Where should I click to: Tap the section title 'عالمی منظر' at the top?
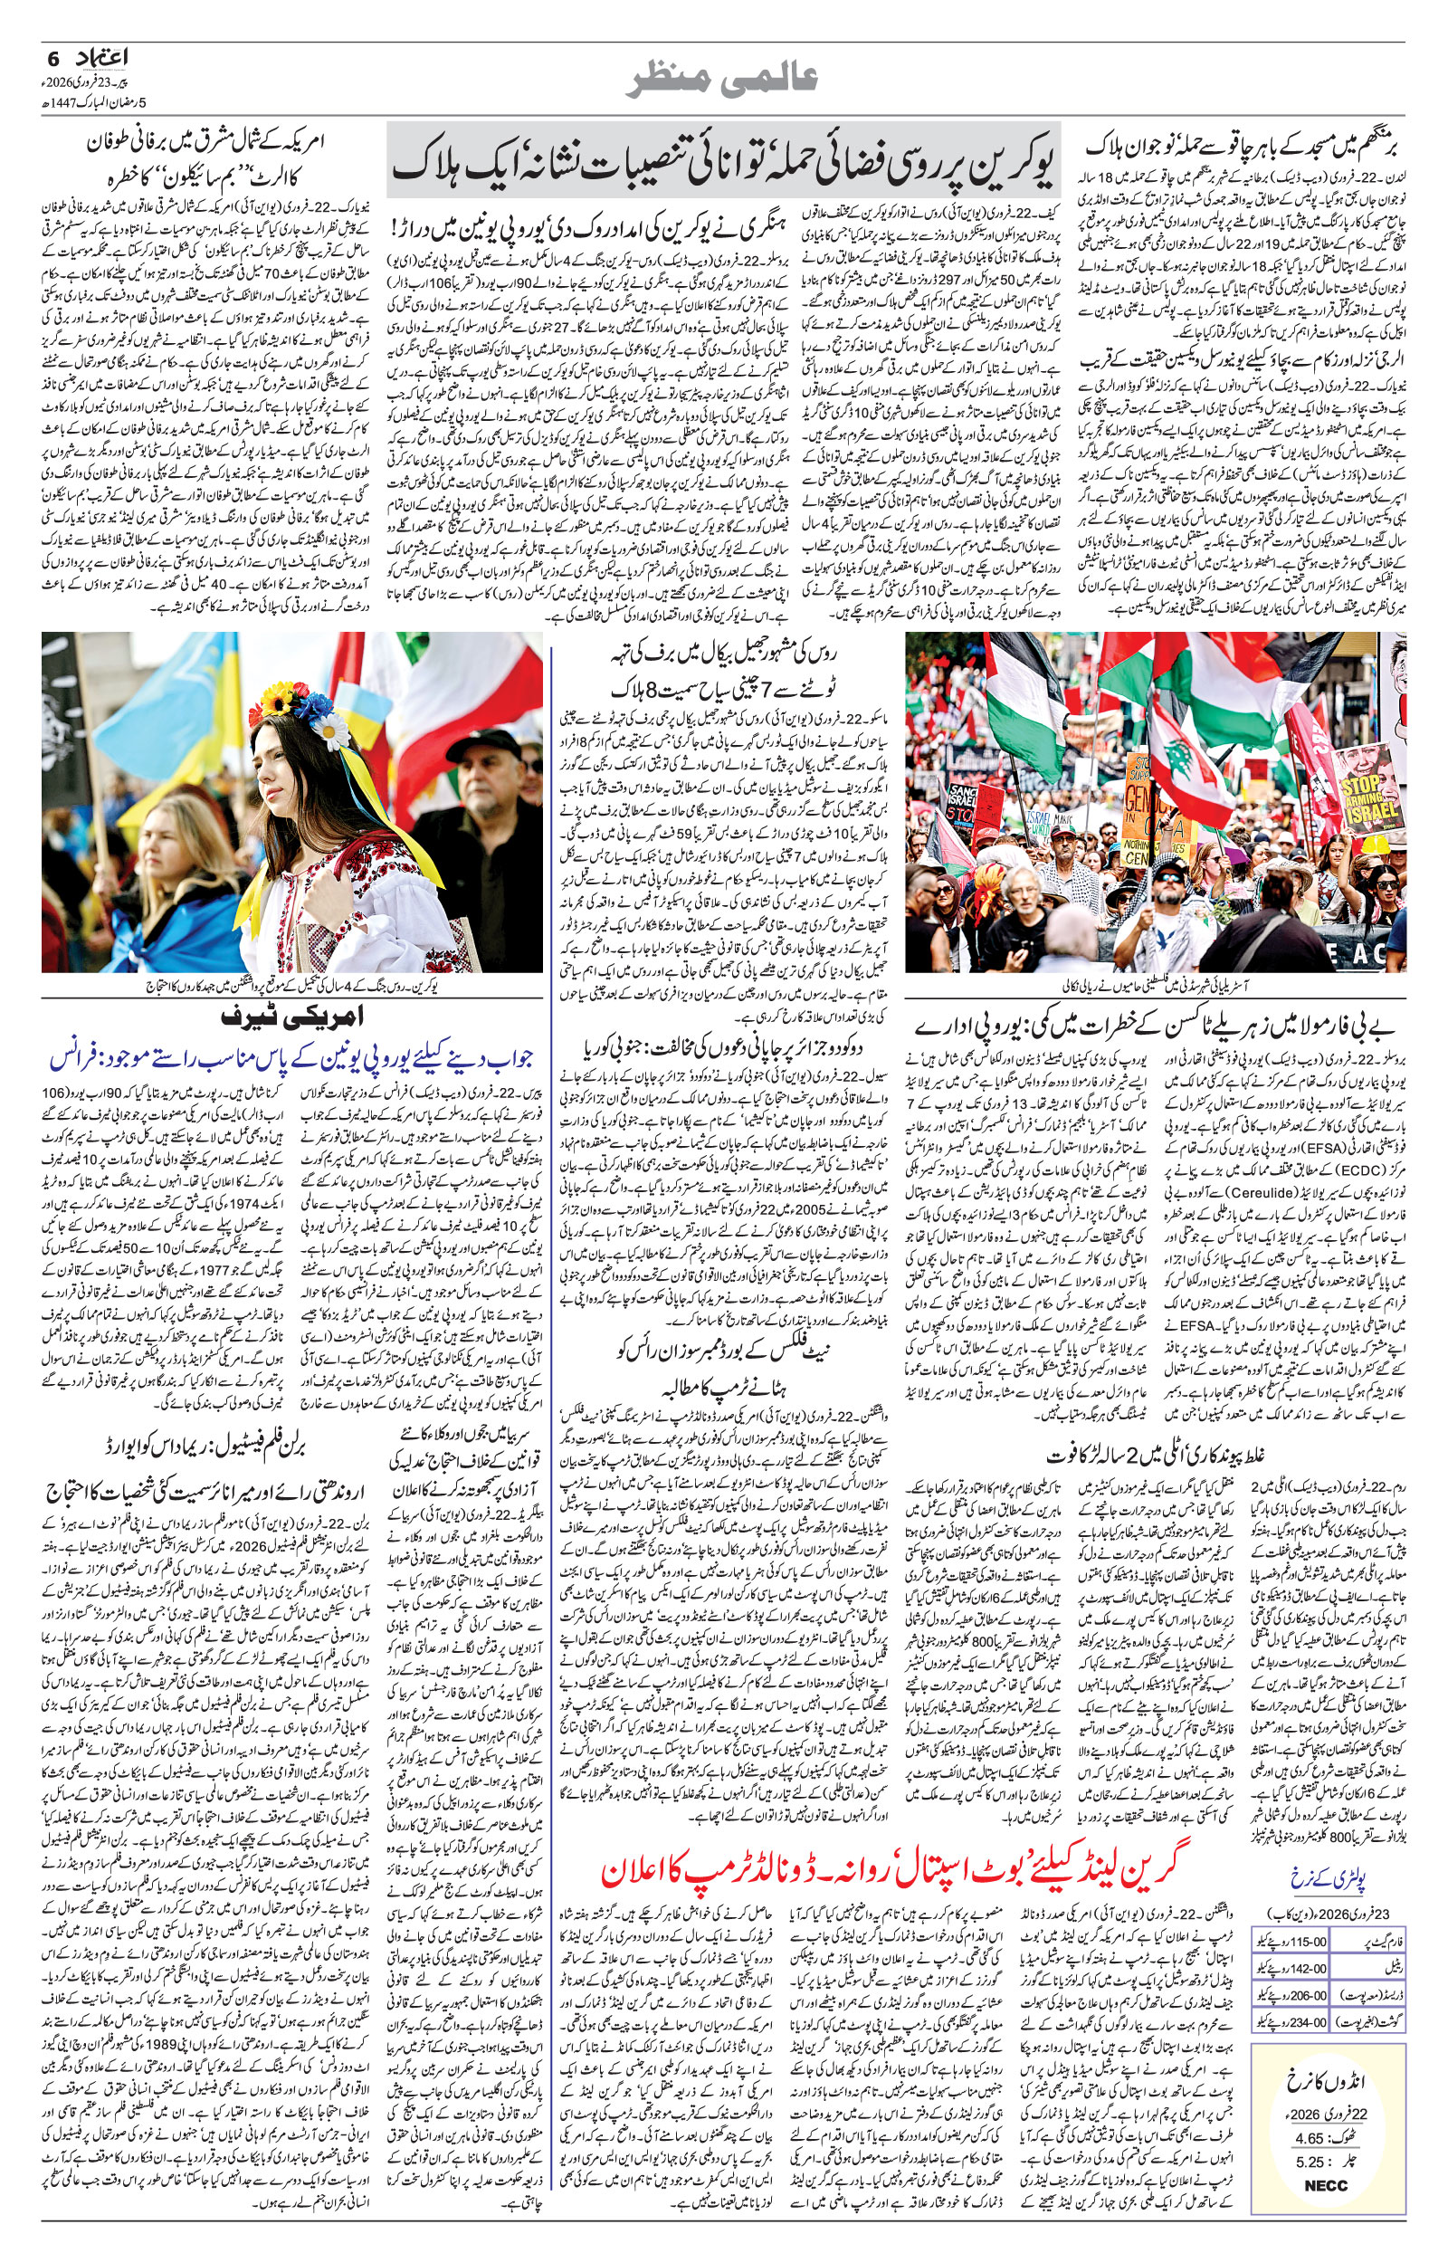pos(723,80)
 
